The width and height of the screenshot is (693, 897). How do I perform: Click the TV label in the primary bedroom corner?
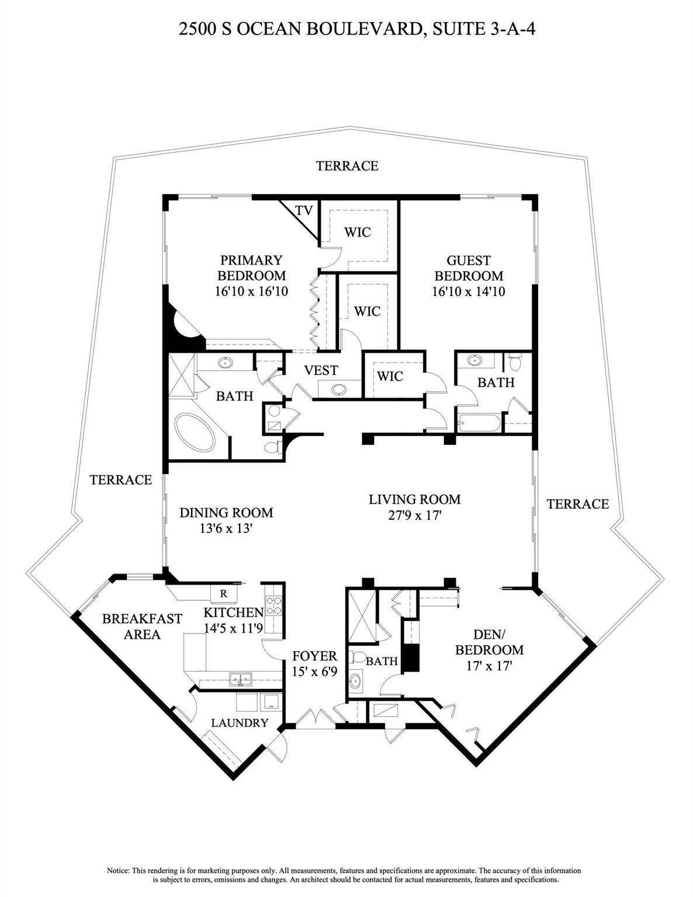[x=304, y=211]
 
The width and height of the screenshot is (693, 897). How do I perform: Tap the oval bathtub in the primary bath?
[x=196, y=432]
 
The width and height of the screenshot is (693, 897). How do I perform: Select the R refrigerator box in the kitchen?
[x=223, y=594]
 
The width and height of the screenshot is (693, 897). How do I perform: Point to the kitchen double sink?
[x=240, y=679]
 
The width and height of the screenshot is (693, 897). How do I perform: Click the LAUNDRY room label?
[x=240, y=723]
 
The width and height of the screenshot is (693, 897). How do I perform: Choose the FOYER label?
[x=314, y=656]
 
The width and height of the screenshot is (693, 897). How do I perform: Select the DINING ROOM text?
[x=226, y=513]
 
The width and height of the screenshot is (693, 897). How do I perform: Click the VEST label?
[x=321, y=370]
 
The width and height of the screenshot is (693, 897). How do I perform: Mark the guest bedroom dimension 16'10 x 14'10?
[x=469, y=291]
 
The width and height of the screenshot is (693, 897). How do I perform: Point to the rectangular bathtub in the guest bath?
[x=480, y=423]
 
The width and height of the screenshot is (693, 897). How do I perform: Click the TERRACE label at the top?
[x=347, y=166]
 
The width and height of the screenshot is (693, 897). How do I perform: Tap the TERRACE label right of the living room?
[x=577, y=504]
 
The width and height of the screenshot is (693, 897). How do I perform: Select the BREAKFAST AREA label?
[x=142, y=626]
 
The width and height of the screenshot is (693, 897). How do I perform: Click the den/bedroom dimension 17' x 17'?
[x=489, y=665]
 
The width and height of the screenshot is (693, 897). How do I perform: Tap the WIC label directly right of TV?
[x=357, y=232]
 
